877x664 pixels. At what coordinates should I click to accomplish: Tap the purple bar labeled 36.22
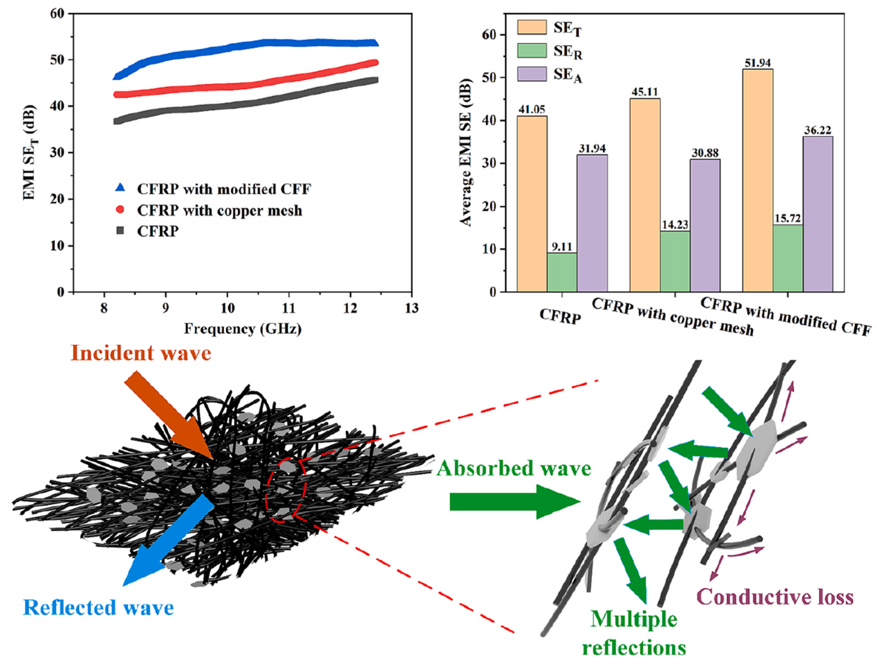818,214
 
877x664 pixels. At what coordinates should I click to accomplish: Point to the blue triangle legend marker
120,188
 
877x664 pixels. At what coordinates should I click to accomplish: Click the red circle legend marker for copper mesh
120,209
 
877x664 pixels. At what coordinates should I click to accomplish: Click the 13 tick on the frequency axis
412,308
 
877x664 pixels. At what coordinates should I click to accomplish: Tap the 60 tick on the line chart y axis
57,14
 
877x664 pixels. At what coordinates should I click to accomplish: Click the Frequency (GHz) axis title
242,329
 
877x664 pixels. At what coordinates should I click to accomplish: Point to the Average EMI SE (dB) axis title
466,153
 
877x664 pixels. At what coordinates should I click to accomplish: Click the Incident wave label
141,353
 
